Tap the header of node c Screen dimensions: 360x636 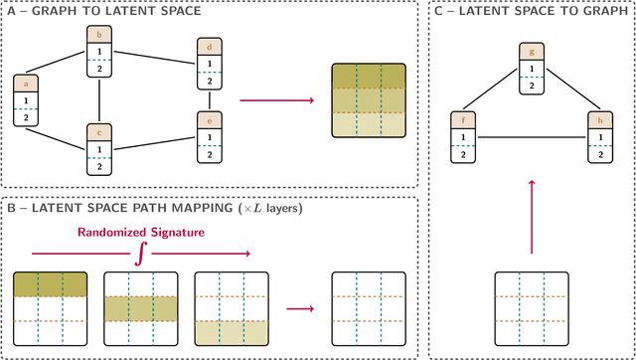point(98,132)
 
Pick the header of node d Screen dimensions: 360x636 point(209,47)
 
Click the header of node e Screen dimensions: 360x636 point(209,119)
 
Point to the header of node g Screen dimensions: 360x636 point(532,52)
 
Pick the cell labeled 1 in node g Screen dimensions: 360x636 point(532,68)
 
